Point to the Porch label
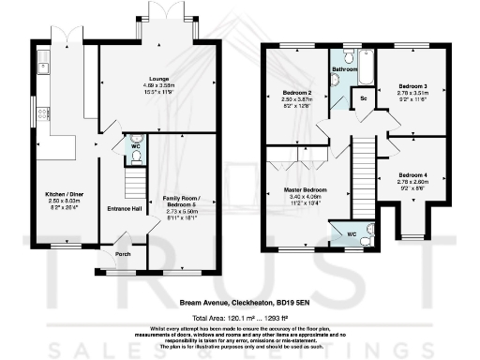pyautogui.click(x=122, y=253)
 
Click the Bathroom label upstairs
pyautogui.click(x=344, y=68)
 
